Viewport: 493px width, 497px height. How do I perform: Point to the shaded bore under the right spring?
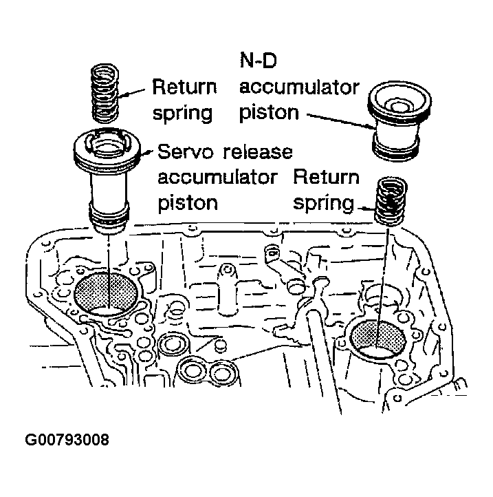[379, 337]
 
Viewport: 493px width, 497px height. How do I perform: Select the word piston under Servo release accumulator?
[188, 202]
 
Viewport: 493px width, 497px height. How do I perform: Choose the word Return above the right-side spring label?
[326, 177]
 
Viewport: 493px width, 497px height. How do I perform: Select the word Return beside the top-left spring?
[184, 88]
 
